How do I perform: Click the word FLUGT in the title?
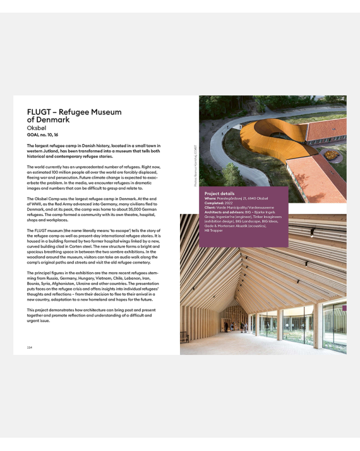38,112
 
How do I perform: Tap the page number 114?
30,347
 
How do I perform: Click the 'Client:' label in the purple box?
211,208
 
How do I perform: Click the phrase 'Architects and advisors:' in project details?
225,213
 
